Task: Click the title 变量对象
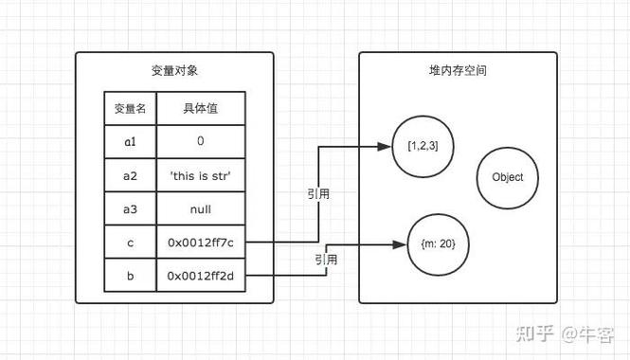pos(174,71)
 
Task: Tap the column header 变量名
pos(130,109)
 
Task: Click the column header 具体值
pos(200,109)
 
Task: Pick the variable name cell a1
pos(130,141)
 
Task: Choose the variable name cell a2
pos(130,175)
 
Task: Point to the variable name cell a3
pos(130,209)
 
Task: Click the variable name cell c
pos(130,243)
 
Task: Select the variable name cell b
pos(130,276)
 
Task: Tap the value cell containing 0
pos(200,141)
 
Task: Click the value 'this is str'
pos(200,175)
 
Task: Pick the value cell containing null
pos(200,209)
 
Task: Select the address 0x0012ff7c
pos(200,243)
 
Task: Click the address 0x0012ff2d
pos(200,276)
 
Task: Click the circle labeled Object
pos(514,177)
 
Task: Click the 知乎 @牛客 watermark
pos(564,333)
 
